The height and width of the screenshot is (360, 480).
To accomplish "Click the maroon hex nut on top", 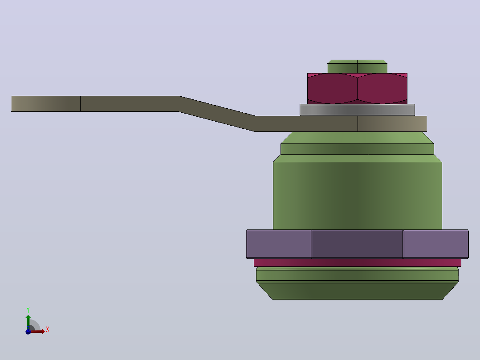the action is [x=357, y=89].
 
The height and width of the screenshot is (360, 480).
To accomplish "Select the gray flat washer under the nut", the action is [x=357, y=110].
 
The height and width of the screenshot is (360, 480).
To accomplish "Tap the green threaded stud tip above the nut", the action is [x=357, y=66].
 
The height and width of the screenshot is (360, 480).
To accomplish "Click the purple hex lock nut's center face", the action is [x=357, y=244].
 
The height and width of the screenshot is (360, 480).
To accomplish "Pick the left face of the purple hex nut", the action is [x=279, y=244].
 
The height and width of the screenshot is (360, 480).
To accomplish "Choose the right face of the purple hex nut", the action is [x=436, y=244].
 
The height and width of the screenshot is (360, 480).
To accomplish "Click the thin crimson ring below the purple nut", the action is [x=357, y=262].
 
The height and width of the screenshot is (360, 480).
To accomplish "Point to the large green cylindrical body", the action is [x=357, y=196].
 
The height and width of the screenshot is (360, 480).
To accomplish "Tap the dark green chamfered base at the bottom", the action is [x=357, y=291].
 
